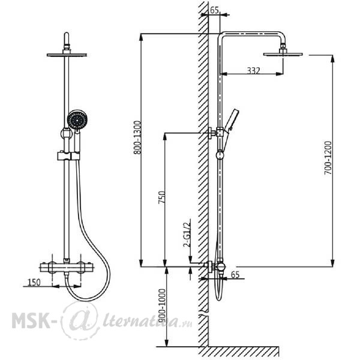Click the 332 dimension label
(x=253, y=70)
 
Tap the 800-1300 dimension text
(x=137, y=137)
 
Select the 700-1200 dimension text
(x=328, y=158)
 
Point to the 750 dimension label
(x=161, y=197)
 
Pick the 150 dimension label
(x=34, y=283)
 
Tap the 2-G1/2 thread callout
(x=187, y=233)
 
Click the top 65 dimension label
(x=214, y=10)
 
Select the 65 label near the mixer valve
(x=235, y=275)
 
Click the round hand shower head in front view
(x=77, y=119)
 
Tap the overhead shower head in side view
(x=283, y=52)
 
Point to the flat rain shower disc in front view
(x=67, y=55)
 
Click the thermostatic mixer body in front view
(x=67, y=268)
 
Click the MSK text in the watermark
(x=31, y=320)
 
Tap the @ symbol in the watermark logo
(x=80, y=320)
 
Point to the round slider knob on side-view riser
(x=220, y=155)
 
